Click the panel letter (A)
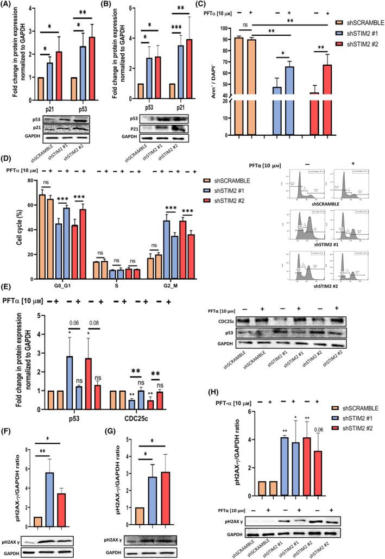(8, 6)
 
